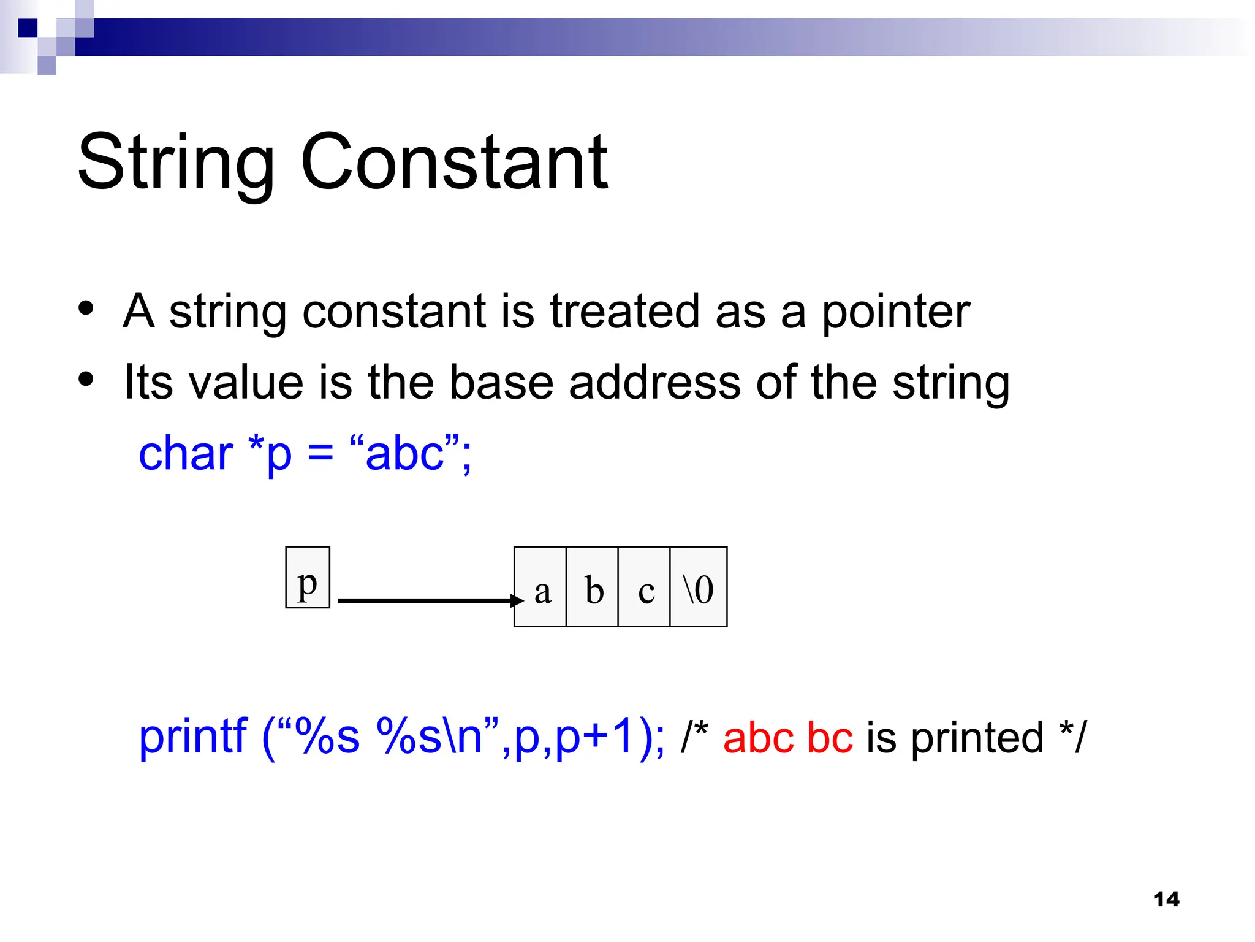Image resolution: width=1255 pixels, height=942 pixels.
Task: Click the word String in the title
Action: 176,163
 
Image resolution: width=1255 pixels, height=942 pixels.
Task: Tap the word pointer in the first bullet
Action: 895,312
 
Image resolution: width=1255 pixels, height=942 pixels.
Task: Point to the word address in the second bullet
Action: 654,382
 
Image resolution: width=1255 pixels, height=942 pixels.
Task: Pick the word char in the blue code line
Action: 186,454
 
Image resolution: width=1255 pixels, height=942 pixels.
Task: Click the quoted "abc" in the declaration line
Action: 405,453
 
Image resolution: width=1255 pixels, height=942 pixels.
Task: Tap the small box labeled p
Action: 308,578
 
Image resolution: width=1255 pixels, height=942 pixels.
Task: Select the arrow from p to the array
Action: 429,601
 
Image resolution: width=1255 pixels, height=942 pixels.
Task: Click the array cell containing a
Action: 540,587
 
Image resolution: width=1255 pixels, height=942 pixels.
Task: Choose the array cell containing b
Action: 593,587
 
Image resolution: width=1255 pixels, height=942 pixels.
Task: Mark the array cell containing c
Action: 645,587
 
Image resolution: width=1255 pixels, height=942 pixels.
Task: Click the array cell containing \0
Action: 699,587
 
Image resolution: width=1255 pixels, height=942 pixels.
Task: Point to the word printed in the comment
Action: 977,738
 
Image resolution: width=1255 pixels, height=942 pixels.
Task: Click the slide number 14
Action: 1166,900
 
